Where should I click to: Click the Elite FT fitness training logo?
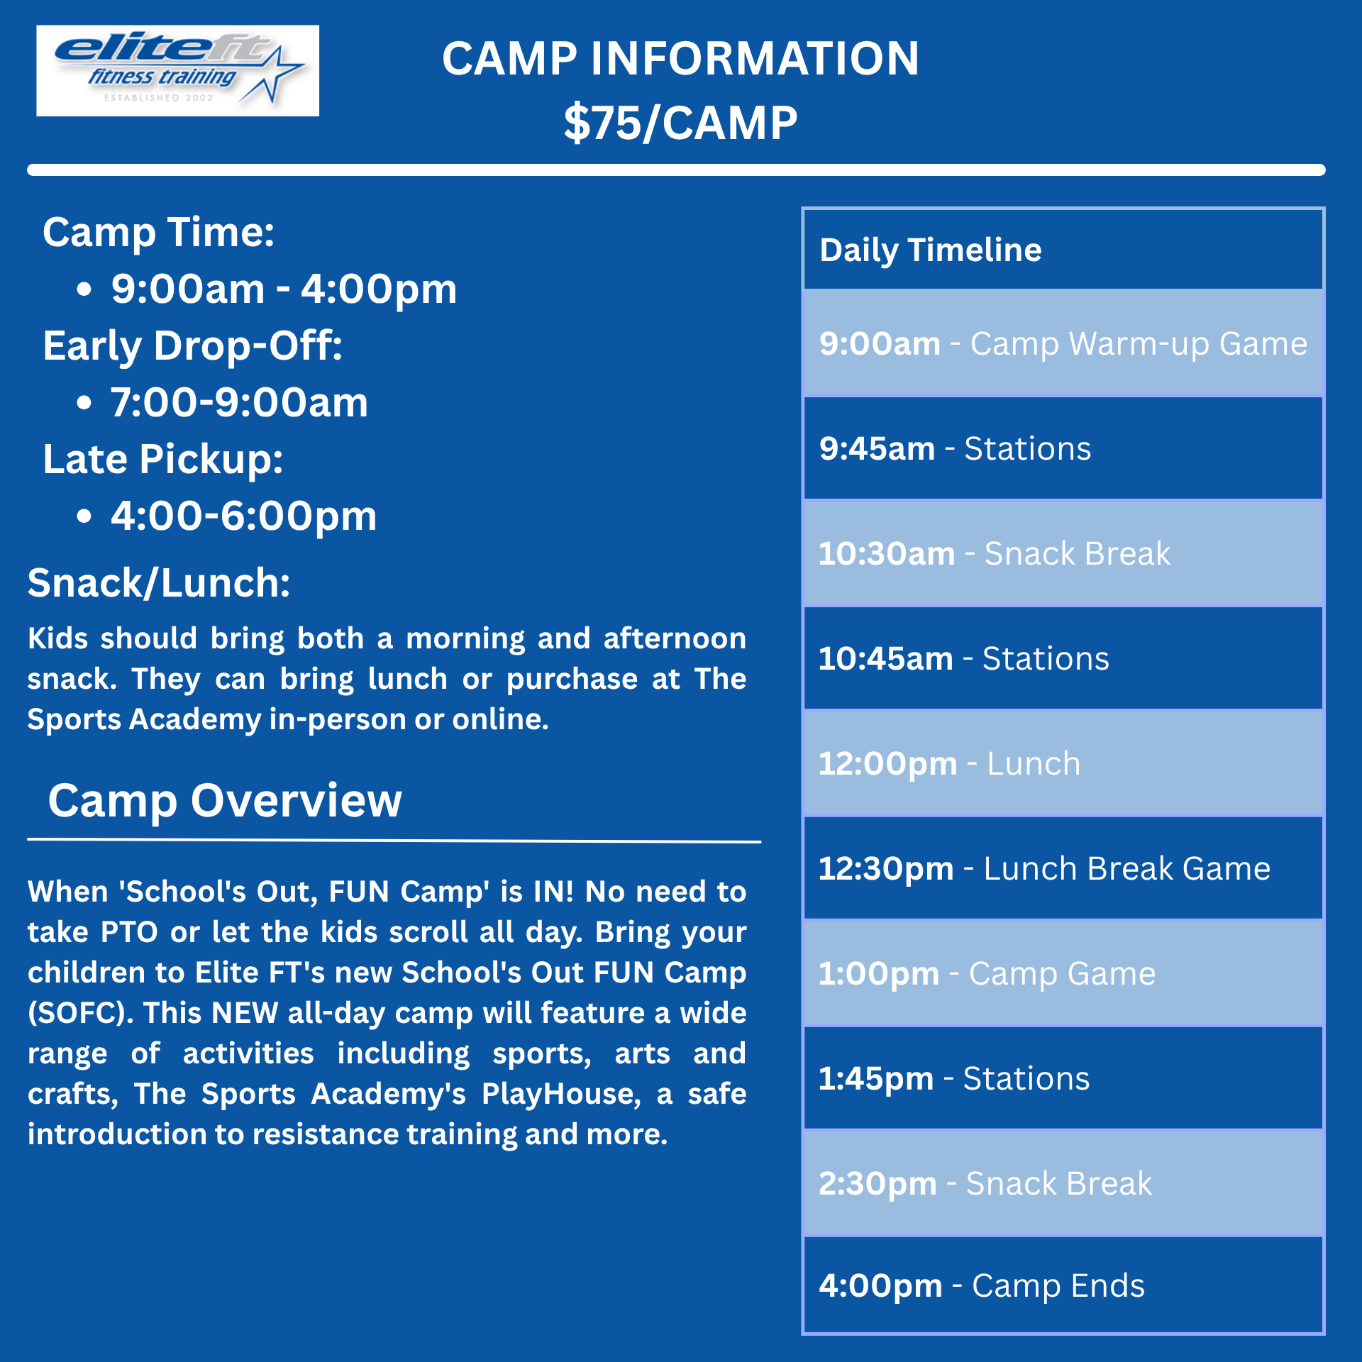pos(177,70)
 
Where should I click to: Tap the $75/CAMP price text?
pos(681,123)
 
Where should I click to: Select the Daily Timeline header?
pos(931,250)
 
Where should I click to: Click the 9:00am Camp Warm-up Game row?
pos(1063,343)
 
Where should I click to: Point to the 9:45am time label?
pos(877,448)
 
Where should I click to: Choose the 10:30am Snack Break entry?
pos(995,553)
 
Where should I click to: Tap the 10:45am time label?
pos(886,658)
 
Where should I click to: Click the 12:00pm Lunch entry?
pos(950,763)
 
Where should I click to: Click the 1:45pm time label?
pos(877,1078)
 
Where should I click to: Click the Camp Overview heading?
pos(225,801)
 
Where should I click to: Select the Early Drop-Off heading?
pos(193,345)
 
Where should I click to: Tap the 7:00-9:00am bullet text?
pos(239,402)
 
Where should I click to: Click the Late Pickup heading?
pos(163,459)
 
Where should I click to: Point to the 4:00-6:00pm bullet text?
pos(243,516)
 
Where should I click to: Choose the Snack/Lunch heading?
pos(159,583)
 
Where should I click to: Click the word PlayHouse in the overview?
pos(561,1094)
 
